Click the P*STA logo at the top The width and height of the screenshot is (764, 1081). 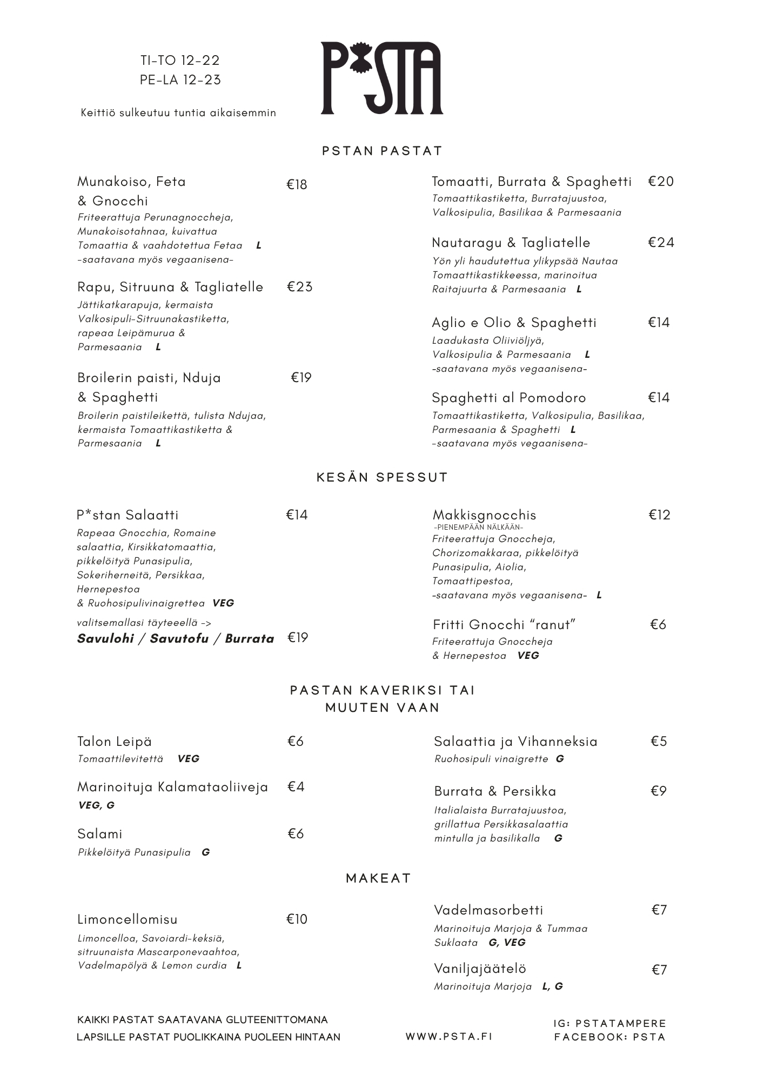(381, 78)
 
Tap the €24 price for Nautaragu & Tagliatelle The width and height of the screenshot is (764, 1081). (661, 242)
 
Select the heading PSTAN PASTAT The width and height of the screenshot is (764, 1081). (382, 151)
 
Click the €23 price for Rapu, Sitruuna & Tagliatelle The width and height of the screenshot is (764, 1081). (299, 286)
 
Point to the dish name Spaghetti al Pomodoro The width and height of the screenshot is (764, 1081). (508, 398)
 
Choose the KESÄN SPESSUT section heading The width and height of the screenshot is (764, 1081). (382, 477)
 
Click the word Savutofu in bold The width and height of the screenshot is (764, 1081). (179, 638)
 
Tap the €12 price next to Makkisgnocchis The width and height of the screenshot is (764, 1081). (659, 515)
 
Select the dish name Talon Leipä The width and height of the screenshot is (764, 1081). (115, 742)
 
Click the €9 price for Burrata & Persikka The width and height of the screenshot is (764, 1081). (658, 791)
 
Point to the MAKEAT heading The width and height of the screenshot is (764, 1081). (378, 878)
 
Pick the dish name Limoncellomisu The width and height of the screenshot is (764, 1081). (128, 919)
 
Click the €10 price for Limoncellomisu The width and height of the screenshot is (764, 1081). (297, 919)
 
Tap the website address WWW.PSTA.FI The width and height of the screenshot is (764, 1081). (449, 1036)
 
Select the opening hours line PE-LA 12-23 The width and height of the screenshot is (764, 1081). (180, 80)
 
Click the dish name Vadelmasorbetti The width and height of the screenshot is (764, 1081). (488, 910)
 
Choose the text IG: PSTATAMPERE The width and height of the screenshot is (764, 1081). (609, 1023)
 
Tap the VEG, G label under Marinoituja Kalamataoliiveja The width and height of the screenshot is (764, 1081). (96, 805)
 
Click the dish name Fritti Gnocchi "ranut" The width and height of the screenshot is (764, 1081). (504, 625)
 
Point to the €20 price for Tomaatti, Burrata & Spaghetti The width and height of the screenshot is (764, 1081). (661, 181)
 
